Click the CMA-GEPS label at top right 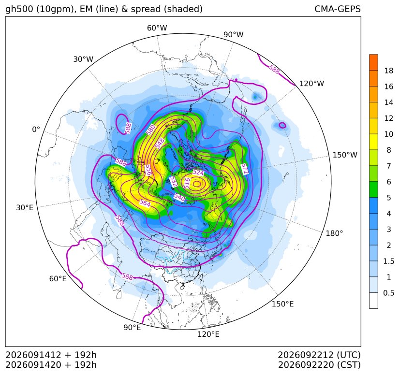click(x=338, y=9)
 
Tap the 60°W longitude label click(x=157, y=28)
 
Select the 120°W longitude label click(x=312, y=84)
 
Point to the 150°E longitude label click(x=282, y=304)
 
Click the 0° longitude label click(x=36, y=130)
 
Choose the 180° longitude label click(x=334, y=233)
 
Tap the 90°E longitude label click(x=132, y=328)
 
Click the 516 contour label click(x=187, y=183)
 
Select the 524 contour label click(x=198, y=173)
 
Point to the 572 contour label click(x=244, y=169)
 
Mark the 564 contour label click(x=145, y=203)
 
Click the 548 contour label click(x=160, y=144)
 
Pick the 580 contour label click(x=150, y=130)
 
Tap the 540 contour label click(x=179, y=197)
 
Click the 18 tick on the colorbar click(x=389, y=71)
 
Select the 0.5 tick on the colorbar click(x=388, y=293)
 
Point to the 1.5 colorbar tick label click(x=388, y=261)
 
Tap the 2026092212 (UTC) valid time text click(x=319, y=355)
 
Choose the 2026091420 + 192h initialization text click(x=51, y=365)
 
